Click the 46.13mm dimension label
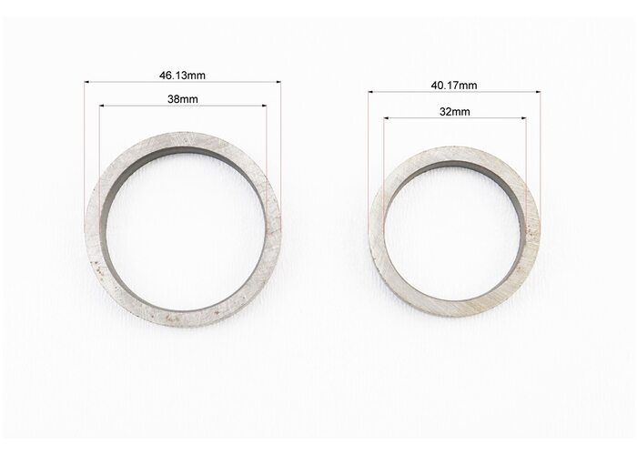[x=182, y=76]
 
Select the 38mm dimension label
[x=183, y=98]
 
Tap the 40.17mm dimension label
[x=454, y=86]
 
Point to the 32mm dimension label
[x=455, y=111]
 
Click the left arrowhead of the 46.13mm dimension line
[x=86, y=82]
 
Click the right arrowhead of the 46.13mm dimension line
[x=278, y=82]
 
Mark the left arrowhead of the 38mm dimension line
[x=102, y=106]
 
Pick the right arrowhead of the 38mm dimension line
[x=265, y=106]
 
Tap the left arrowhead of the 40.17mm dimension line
[x=371, y=92]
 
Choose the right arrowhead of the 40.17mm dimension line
[x=538, y=92]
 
